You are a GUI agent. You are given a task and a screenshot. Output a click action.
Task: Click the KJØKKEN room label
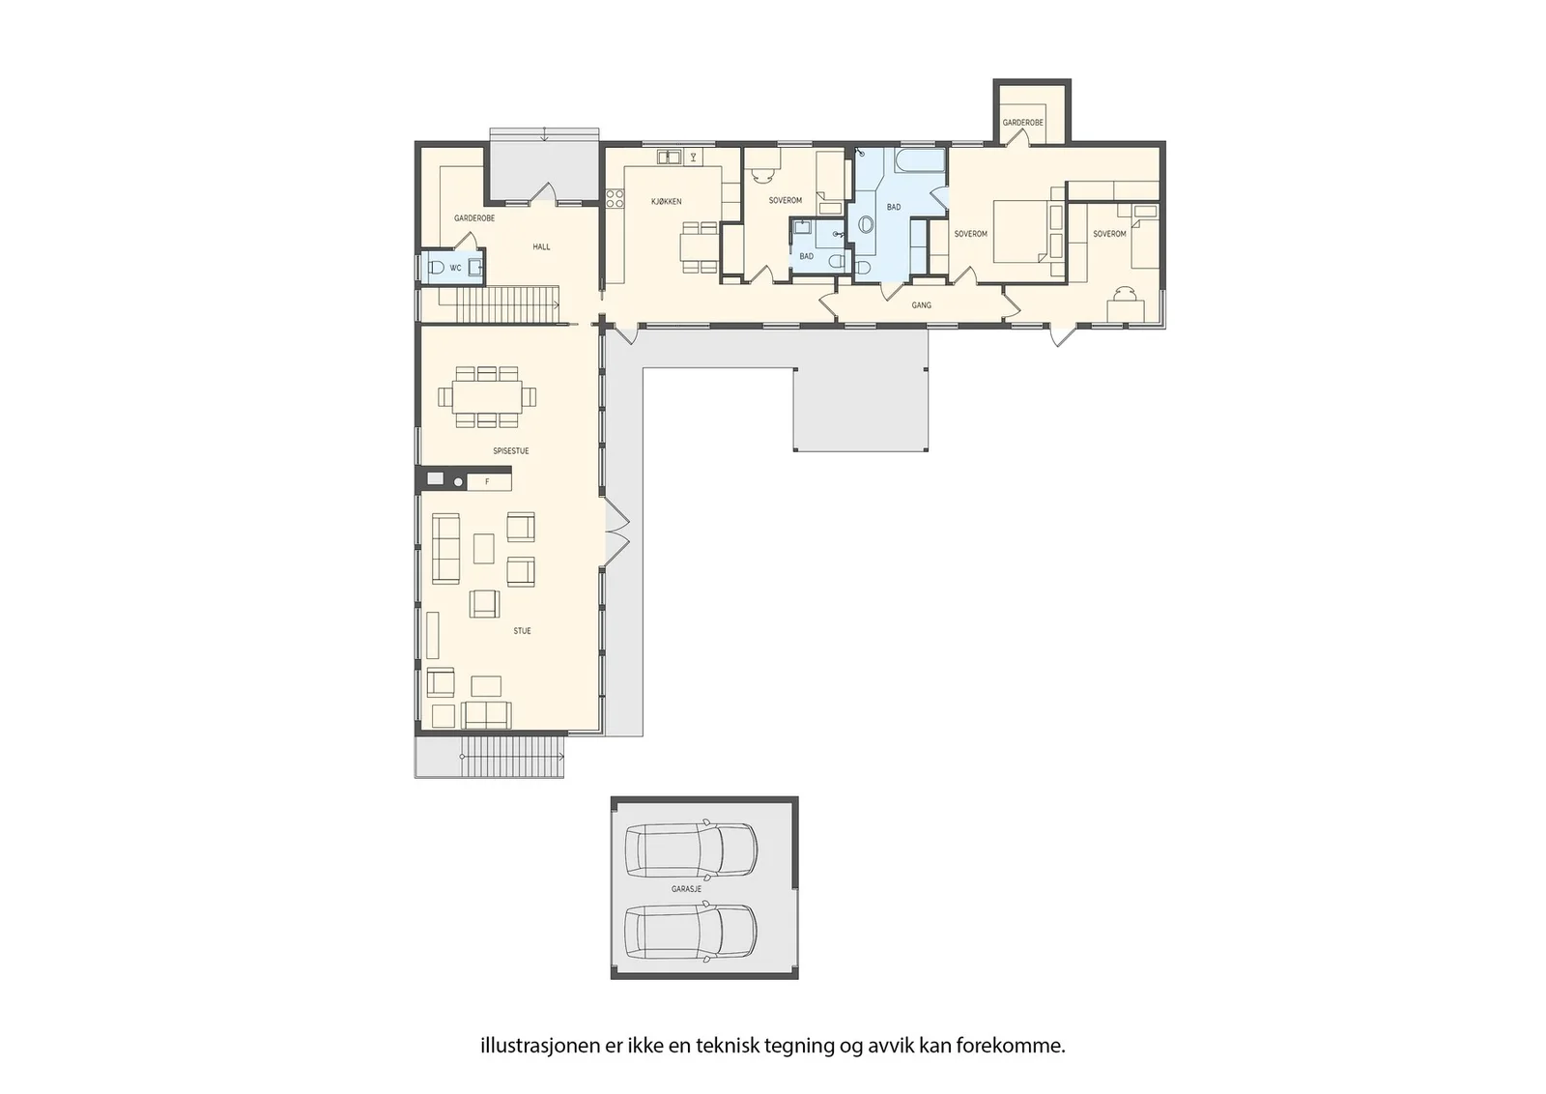(666, 202)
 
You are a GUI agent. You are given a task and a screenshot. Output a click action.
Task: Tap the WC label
(455, 268)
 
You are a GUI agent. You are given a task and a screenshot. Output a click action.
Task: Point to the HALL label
(541, 246)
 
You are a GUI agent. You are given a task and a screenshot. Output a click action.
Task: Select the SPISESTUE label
(511, 450)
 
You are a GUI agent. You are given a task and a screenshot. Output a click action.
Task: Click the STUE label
(522, 631)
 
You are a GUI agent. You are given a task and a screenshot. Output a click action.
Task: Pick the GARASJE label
(686, 889)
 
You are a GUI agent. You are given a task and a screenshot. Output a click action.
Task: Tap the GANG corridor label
(922, 305)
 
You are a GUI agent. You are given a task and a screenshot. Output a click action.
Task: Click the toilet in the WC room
(436, 268)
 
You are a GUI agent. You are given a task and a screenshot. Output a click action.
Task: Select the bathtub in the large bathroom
(920, 160)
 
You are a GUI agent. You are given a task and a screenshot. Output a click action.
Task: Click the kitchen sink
(668, 158)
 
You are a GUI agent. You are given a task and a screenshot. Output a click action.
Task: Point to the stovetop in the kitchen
(615, 199)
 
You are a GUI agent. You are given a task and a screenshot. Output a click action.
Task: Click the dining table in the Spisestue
(487, 397)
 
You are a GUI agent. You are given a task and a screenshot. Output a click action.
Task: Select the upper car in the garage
(691, 849)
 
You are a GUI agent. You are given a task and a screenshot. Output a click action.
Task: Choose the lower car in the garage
(691, 932)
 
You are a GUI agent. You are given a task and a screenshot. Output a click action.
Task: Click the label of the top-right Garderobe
(1023, 123)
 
